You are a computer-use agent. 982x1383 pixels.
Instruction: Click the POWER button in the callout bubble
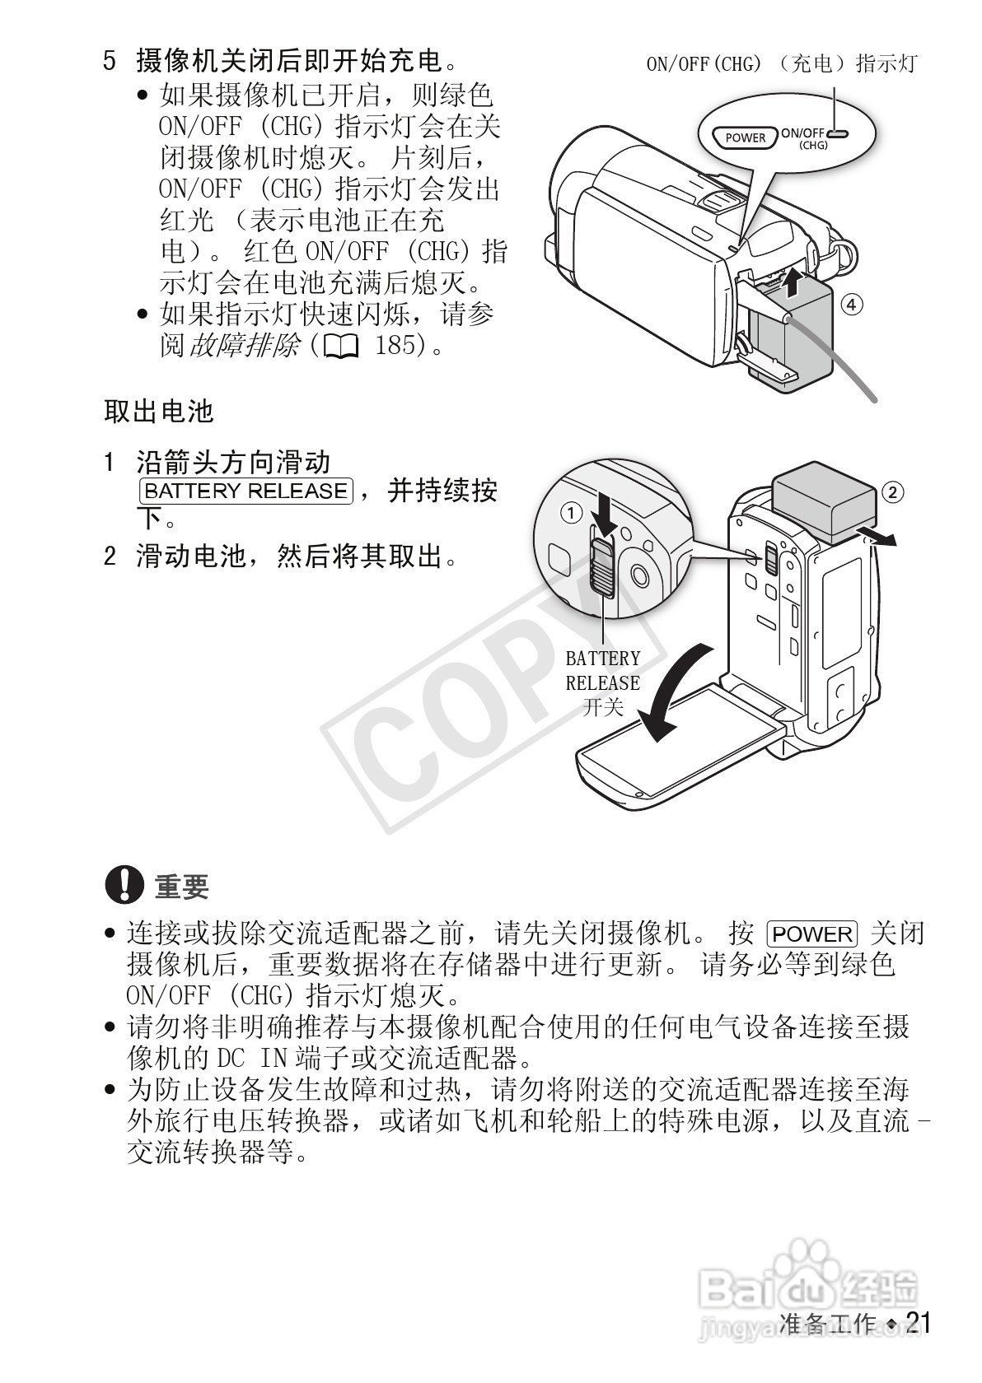pos(745,137)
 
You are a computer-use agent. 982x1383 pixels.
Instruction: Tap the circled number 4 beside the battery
pos(852,305)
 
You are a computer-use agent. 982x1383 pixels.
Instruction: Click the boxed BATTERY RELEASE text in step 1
pos(245,491)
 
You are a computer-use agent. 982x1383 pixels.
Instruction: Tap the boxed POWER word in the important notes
pos(812,934)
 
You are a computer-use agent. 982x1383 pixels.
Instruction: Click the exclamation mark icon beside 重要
pos(124,885)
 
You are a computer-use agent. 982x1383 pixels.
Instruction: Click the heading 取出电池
pos(158,411)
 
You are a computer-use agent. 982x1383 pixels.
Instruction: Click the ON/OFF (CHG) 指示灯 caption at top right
pos(781,63)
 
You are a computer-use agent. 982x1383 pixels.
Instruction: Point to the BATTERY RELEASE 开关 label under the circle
pos(602,682)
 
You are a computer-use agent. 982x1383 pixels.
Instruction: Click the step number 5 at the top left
pos(110,61)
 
